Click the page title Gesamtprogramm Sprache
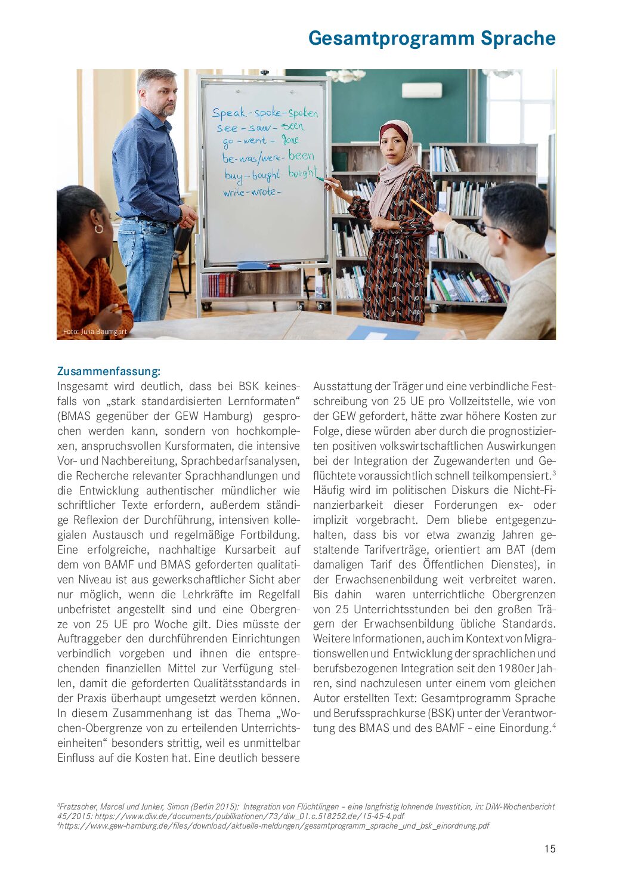tap(432, 38)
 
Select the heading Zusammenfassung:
tap(109, 372)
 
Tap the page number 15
tap(549, 849)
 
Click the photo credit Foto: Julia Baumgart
tap(95, 332)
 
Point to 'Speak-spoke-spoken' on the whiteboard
tap(265, 113)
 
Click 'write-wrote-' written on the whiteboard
tap(250, 192)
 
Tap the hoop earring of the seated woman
tap(99, 228)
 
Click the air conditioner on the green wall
tap(422, 91)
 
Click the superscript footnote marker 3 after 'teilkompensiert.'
tap(553, 473)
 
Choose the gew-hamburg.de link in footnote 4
tap(274, 826)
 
